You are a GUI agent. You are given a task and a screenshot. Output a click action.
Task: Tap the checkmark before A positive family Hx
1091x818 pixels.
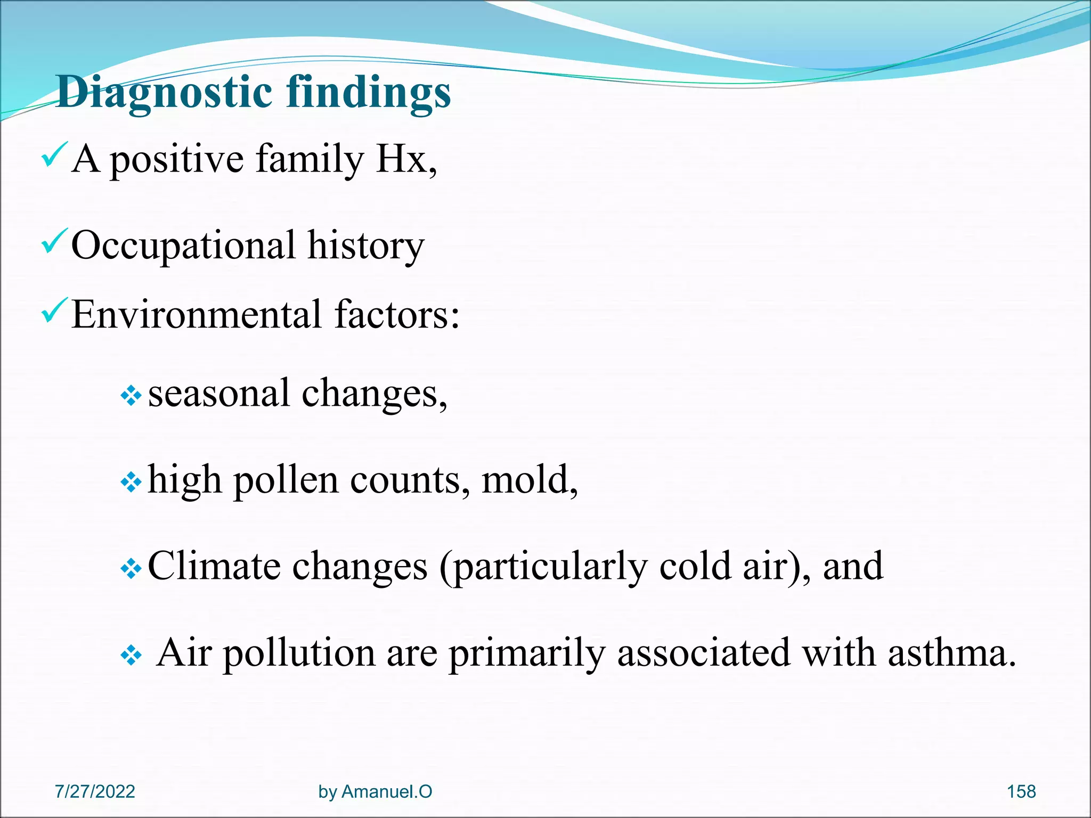tap(54, 155)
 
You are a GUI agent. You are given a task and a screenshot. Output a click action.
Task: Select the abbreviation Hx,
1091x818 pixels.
tap(406, 159)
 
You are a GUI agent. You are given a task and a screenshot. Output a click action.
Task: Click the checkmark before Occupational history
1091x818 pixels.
tap(54, 241)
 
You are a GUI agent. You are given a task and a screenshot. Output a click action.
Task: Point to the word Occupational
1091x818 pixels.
tap(183, 247)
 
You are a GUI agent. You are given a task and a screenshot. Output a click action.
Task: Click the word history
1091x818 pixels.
tap(366, 247)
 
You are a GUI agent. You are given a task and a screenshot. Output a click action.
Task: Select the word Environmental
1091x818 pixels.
tap(197, 315)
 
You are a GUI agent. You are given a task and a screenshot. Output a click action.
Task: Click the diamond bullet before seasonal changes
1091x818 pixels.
tap(131, 396)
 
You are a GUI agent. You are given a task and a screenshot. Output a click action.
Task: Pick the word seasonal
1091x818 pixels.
tap(218, 394)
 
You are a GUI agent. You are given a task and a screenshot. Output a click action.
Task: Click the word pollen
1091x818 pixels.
tap(286, 481)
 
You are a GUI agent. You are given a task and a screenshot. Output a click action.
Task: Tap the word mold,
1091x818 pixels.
tap(530, 480)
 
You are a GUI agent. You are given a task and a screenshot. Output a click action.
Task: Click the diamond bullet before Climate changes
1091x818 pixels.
tap(131, 569)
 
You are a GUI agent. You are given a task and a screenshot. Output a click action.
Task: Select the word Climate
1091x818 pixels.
tap(214, 566)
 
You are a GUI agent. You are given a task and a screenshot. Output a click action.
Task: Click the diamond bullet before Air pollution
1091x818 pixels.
tap(131, 656)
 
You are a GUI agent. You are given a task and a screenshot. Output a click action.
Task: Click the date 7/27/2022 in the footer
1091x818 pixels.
tap(95, 791)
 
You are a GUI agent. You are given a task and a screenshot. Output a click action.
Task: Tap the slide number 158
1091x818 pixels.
tap(1021, 791)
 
